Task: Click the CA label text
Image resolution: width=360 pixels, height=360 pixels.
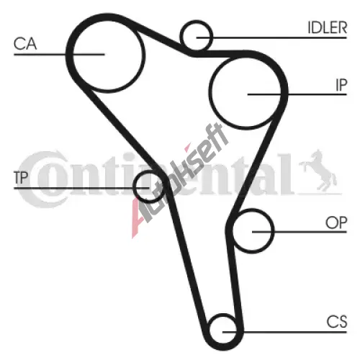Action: [25, 44]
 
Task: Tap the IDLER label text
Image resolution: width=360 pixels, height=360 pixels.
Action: [328, 27]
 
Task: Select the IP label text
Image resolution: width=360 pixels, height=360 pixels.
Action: [341, 85]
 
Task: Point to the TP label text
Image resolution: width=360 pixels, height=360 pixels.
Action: [21, 178]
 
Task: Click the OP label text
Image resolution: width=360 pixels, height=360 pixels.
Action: [336, 222]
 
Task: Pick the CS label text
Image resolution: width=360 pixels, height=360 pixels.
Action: [337, 322]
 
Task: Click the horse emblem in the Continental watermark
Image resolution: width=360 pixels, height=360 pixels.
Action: [318, 171]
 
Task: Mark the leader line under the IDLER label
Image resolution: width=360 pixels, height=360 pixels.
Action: [271, 37]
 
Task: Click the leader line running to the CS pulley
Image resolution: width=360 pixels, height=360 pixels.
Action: [284, 332]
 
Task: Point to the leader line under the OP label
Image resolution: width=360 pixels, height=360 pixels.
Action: [300, 232]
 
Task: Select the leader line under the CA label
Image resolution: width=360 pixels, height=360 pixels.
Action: [59, 55]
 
